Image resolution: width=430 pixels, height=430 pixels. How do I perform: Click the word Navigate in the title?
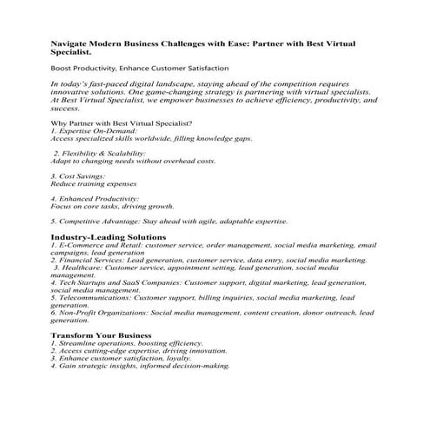pyautogui.click(x=69, y=43)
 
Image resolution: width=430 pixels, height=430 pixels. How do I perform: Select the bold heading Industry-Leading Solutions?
pyautogui.click(x=108, y=237)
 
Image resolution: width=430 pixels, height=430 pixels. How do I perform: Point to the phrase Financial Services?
pyautogui.click(x=88, y=259)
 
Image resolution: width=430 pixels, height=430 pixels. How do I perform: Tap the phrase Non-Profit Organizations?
pyautogui.click(x=103, y=311)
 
